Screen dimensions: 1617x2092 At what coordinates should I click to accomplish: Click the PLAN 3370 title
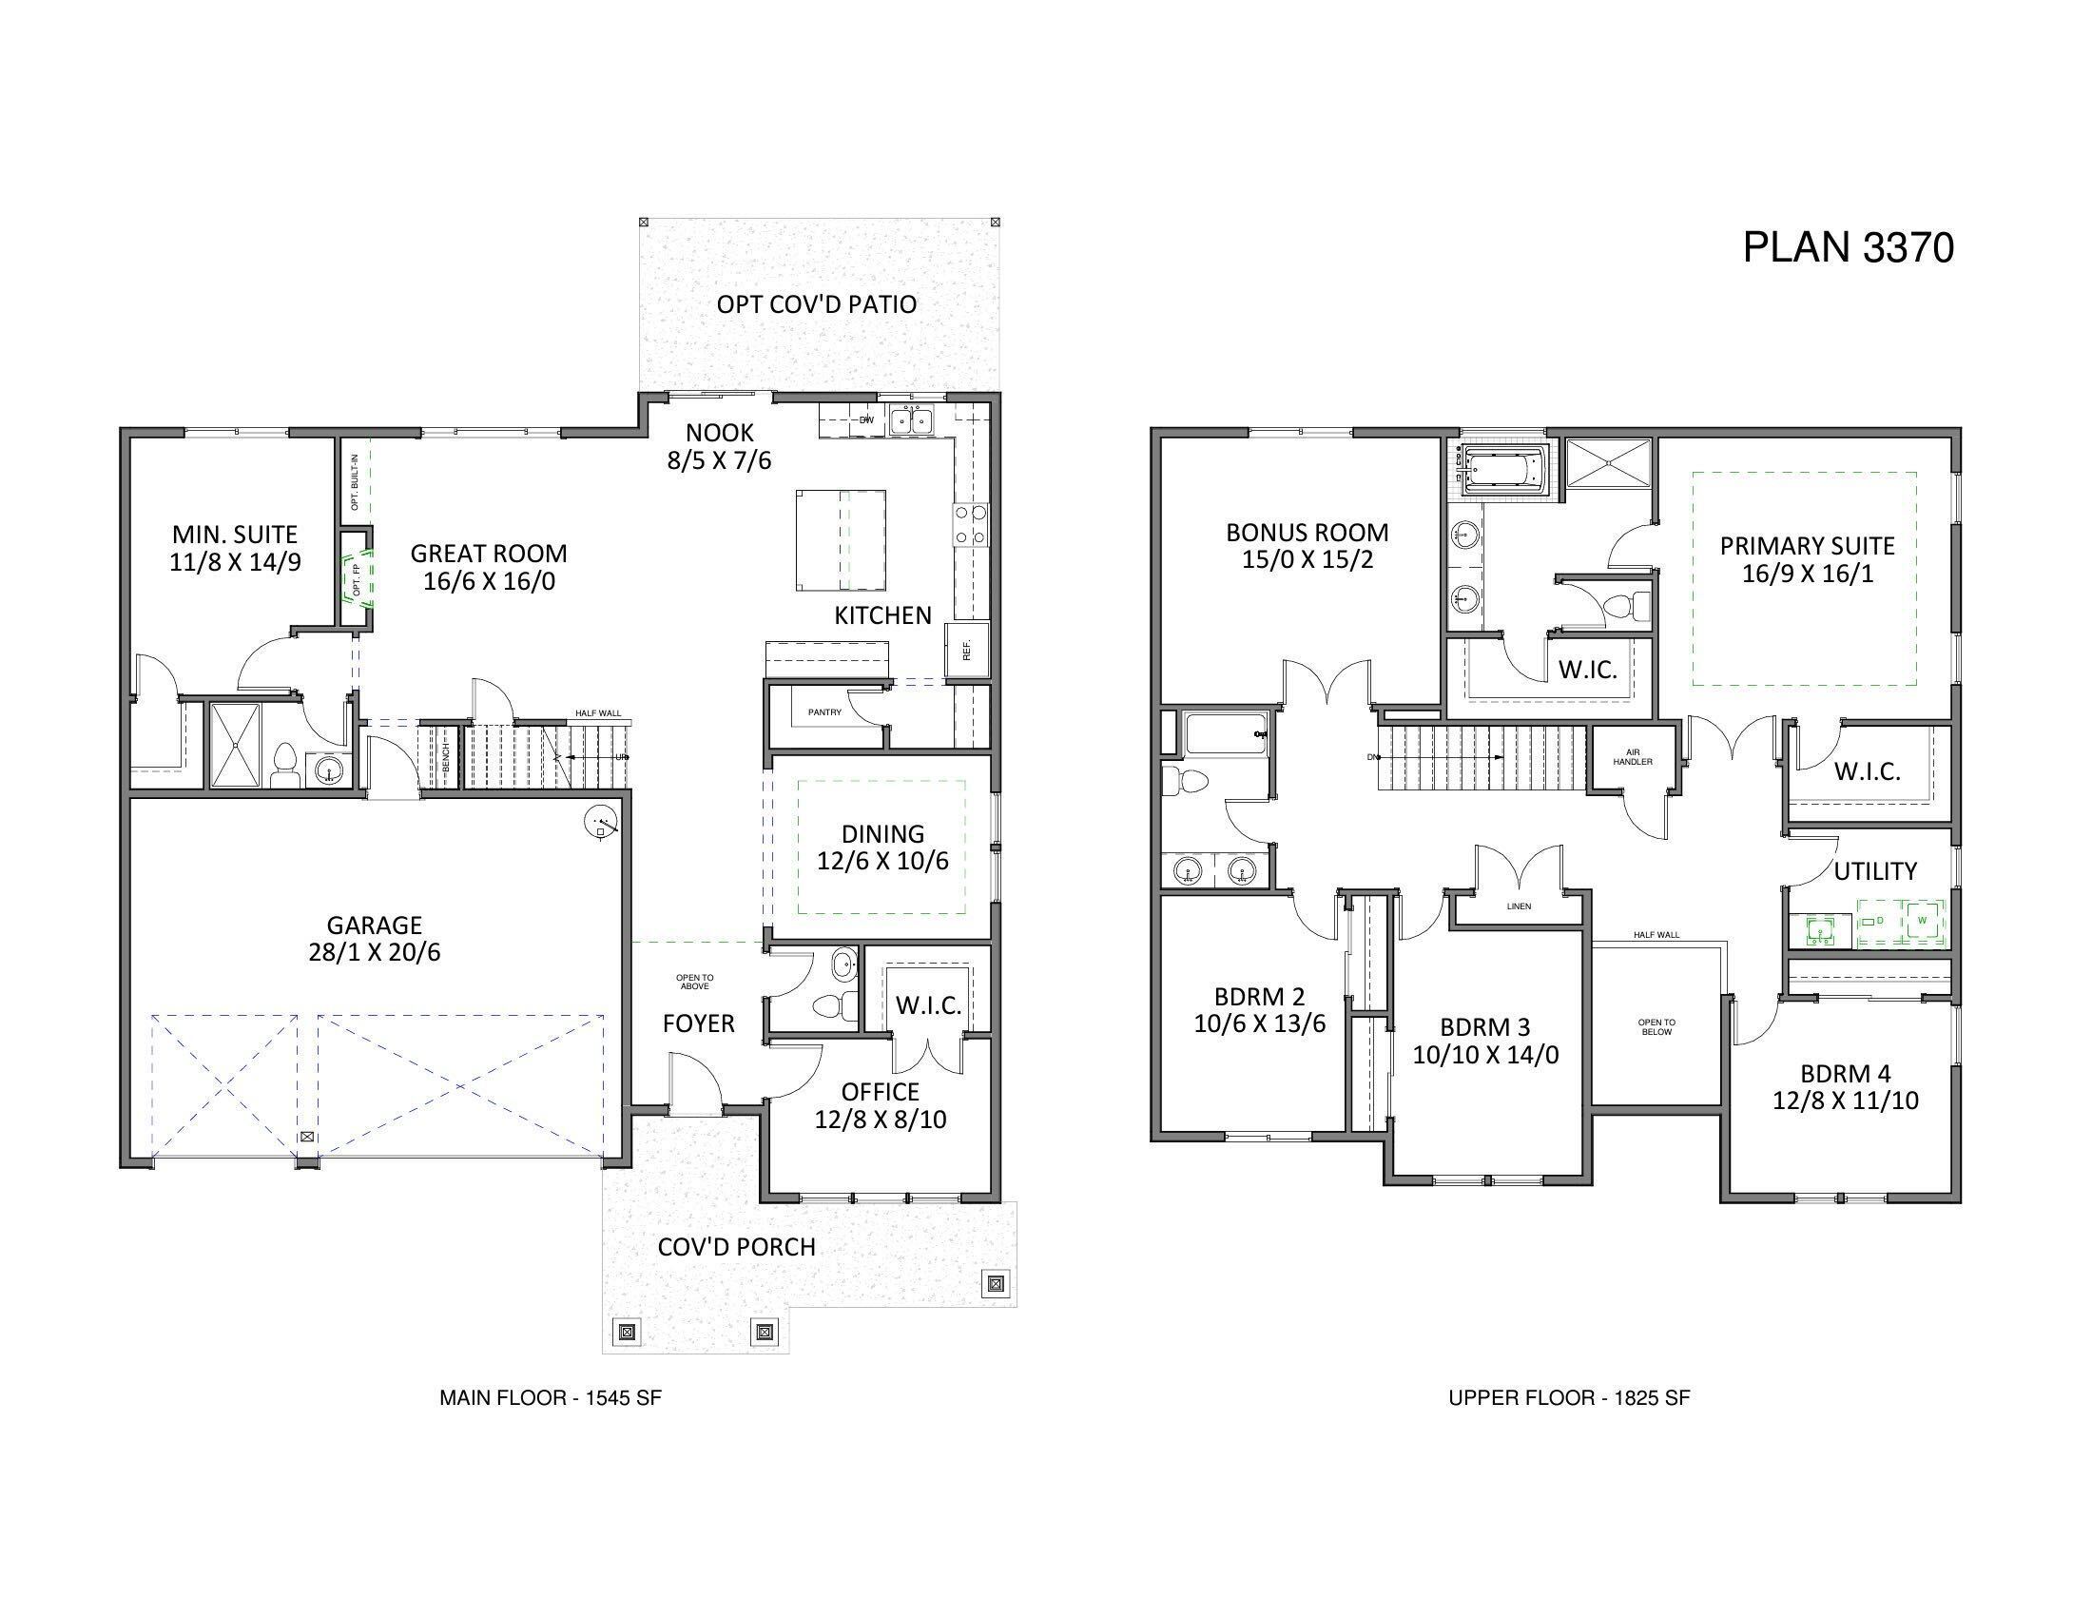(1847, 247)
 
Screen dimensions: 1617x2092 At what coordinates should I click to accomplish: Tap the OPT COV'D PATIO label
(816, 304)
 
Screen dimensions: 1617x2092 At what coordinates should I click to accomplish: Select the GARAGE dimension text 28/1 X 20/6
(375, 953)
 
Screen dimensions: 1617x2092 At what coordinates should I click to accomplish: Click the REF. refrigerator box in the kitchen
(966, 652)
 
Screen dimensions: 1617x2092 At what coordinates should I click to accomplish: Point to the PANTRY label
(823, 712)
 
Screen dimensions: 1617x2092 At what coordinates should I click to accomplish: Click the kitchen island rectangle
(840, 540)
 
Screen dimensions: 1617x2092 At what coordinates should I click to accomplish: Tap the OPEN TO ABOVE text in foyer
(694, 982)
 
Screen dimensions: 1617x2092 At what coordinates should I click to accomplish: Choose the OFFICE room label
(881, 1092)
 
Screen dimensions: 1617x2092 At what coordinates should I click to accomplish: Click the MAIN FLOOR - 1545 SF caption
(550, 1397)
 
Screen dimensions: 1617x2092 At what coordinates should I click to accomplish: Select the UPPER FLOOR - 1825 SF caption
(1568, 1397)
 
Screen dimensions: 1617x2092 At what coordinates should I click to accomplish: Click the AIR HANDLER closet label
(1633, 757)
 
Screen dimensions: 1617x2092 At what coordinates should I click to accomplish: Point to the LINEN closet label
(1519, 906)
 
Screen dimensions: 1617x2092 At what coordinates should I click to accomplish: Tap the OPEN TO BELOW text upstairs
(1656, 1027)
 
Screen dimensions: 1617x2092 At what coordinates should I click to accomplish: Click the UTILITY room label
(1874, 871)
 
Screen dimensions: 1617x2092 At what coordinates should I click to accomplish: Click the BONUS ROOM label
(1307, 533)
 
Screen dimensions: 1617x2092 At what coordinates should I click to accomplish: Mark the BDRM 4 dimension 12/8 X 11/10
(1845, 1101)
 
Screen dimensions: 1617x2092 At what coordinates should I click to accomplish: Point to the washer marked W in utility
(1922, 922)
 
